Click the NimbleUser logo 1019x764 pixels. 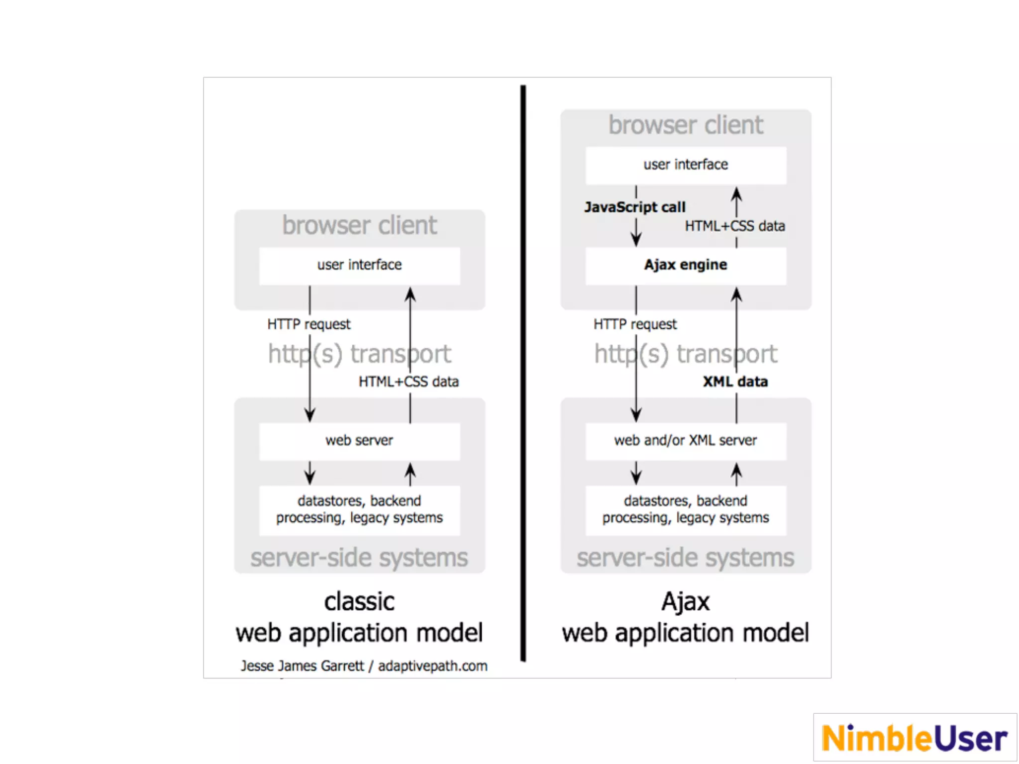click(915, 738)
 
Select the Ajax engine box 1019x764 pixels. click(686, 266)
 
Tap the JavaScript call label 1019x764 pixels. click(635, 207)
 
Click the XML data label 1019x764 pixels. click(735, 382)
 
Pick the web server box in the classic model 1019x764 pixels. click(359, 441)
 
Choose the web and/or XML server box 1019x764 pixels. click(686, 441)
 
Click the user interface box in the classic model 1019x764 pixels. click(359, 266)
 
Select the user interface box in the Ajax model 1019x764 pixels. click(686, 165)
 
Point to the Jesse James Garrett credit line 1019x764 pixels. click(364, 666)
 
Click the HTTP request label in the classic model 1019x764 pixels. click(308, 324)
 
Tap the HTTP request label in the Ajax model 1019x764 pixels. click(635, 324)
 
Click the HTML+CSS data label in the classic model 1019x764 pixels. click(408, 382)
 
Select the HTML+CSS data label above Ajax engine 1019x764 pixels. click(735, 226)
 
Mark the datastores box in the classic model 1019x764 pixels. click(359, 510)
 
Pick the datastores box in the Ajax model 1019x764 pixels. click(686, 510)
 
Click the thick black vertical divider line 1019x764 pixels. click(523, 373)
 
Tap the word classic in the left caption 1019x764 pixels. click(359, 602)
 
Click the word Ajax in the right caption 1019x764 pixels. click(686, 602)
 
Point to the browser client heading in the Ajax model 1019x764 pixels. click(686, 125)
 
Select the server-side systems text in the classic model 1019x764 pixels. click(359, 558)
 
